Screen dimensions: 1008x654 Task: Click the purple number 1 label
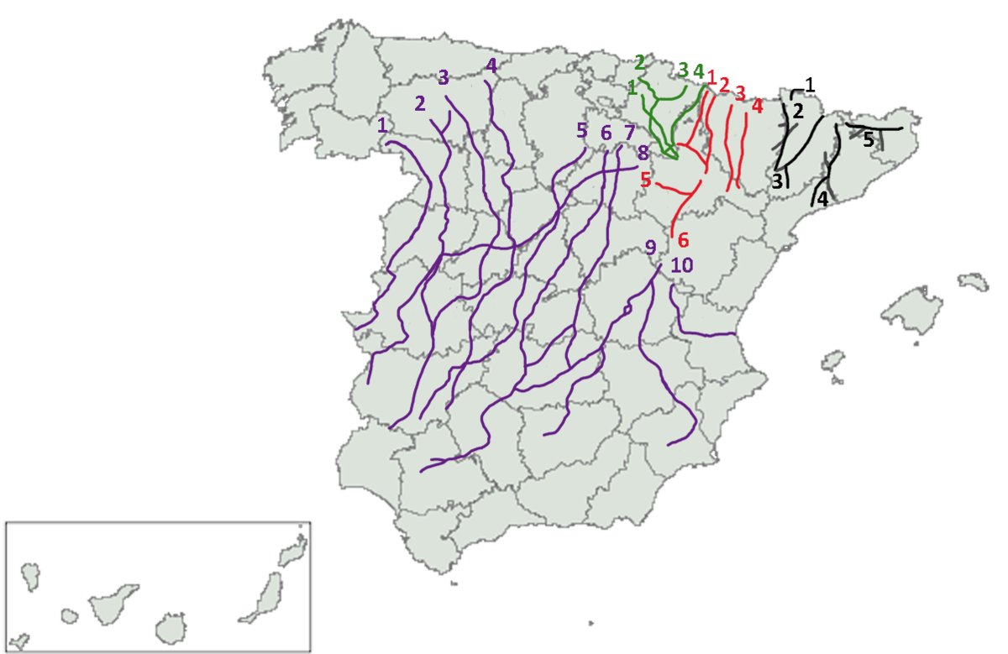pos(383,125)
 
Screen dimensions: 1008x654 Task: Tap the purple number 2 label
pos(420,104)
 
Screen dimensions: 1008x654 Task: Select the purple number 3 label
pos(444,77)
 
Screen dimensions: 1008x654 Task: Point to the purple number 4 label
pos(491,65)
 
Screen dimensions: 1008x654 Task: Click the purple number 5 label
pos(581,130)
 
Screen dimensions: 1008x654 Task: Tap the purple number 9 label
pos(650,247)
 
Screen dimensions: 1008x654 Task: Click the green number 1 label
pos(633,87)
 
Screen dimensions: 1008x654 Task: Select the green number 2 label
pos(640,62)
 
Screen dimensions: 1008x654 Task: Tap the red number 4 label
pos(757,107)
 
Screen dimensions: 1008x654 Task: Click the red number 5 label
pos(645,179)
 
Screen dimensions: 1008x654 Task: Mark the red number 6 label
pos(682,240)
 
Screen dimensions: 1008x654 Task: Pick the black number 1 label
pos(810,84)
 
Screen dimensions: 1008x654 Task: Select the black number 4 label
pos(822,200)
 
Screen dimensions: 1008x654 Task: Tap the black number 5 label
pos(869,139)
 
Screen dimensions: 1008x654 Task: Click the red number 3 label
pos(740,92)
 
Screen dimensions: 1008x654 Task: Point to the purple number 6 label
pos(606,133)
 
